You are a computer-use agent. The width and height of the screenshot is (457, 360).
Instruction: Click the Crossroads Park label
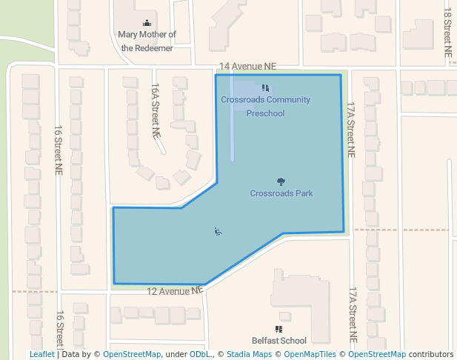click(x=281, y=193)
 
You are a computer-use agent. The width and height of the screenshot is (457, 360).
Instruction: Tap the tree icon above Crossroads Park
click(x=281, y=181)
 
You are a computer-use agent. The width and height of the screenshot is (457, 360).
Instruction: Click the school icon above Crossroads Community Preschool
click(x=265, y=89)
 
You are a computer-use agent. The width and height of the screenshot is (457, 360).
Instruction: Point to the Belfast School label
click(x=278, y=341)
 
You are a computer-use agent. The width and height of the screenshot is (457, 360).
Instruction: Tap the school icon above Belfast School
click(x=278, y=329)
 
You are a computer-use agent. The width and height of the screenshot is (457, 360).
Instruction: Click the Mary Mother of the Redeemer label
click(x=147, y=41)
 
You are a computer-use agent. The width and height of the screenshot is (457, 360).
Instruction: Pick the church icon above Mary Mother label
click(x=147, y=23)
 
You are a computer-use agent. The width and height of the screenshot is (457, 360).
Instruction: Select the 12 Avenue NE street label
click(x=175, y=291)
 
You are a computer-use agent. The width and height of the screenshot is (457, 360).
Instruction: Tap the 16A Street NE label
click(x=156, y=110)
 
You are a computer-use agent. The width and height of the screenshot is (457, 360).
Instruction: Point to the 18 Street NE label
click(x=447, y=33)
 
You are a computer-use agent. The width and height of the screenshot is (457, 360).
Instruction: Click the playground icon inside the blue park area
click(x=218, y=232)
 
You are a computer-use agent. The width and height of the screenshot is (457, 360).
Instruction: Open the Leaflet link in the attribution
click(x=41, y=354)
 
